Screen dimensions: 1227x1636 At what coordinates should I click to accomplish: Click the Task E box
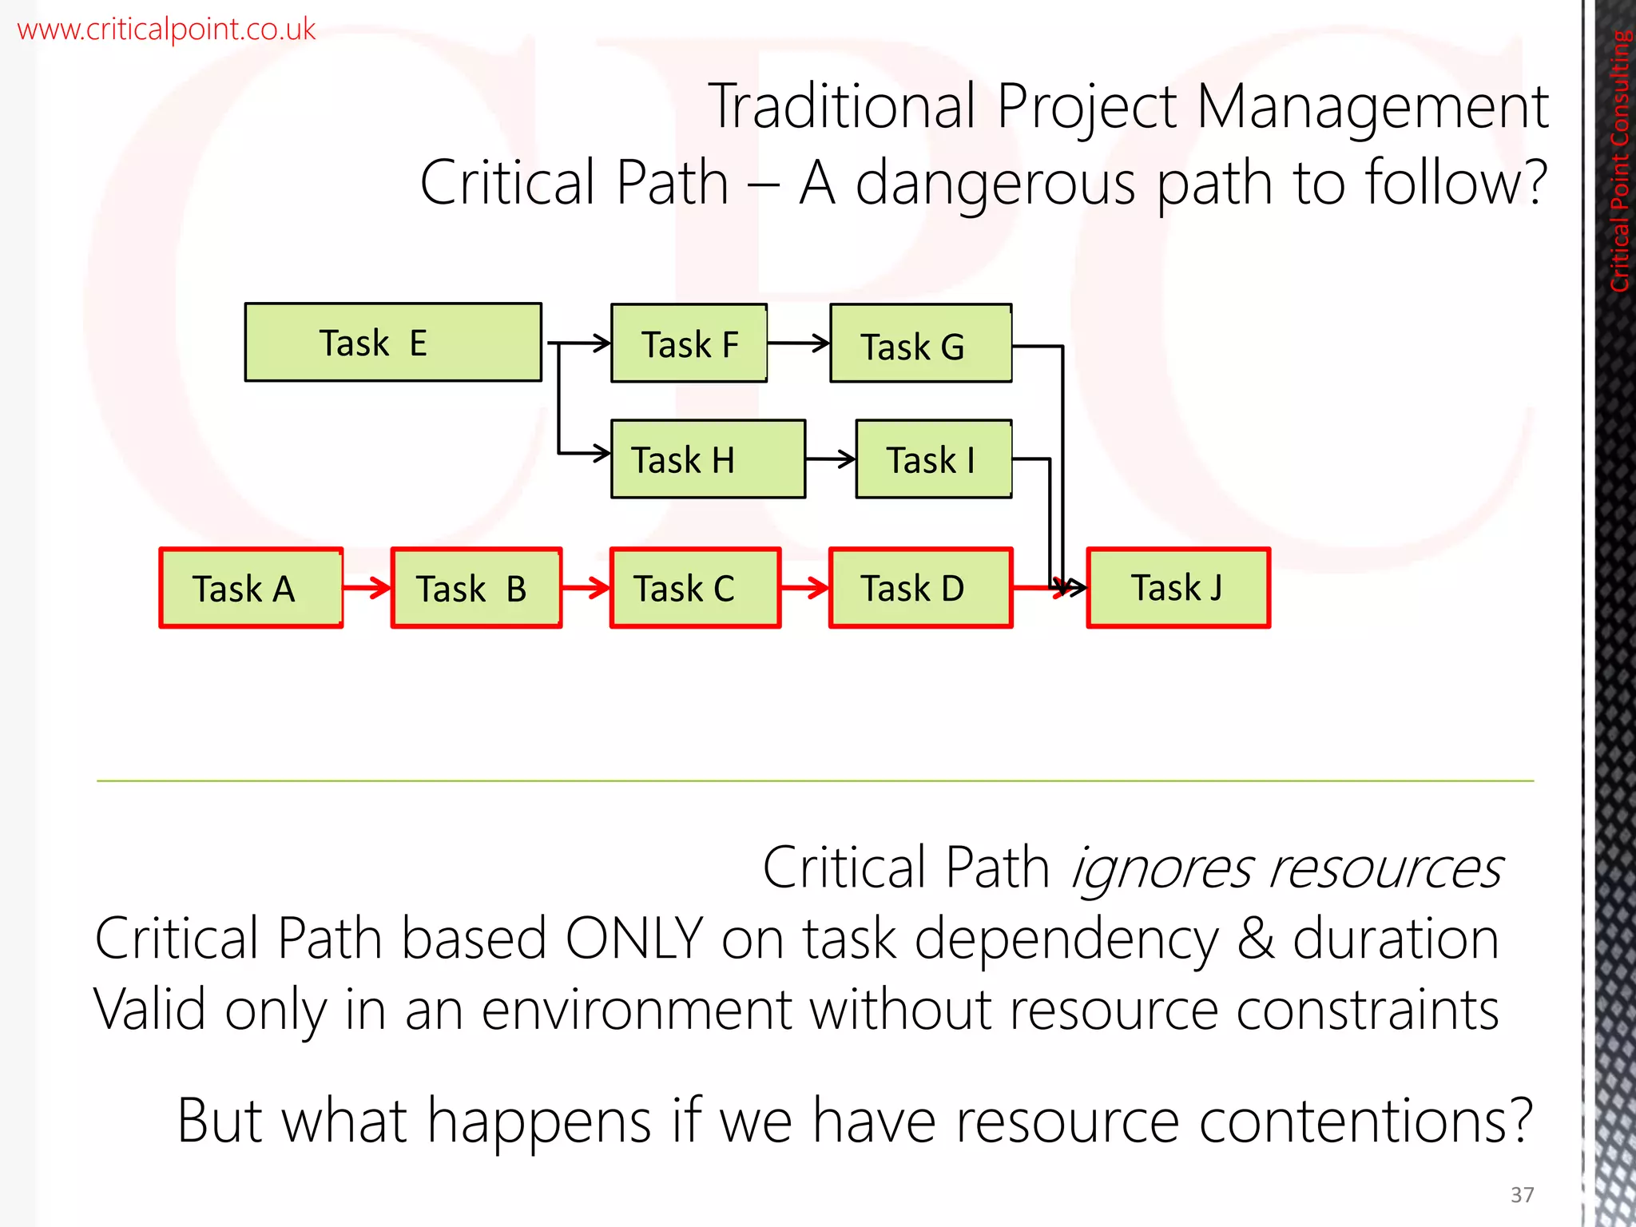pos(393,343)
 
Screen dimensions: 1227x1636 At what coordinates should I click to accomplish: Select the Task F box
pos(689,344)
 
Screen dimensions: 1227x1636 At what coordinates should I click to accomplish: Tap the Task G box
pos(920,344)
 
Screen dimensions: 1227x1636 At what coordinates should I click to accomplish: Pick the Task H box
pos(708,459)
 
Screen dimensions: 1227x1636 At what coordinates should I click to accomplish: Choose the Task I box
pos(933,459)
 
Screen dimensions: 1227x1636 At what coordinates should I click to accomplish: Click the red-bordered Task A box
pos(251,589)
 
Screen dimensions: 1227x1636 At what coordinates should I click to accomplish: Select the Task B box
pos(476,589)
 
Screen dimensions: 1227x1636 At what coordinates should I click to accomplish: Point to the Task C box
pos(695,589)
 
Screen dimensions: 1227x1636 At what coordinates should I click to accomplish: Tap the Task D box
pos(920,589)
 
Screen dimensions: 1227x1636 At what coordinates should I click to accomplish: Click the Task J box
pos(1177,589)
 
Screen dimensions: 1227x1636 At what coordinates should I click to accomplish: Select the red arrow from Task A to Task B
pos(367,589)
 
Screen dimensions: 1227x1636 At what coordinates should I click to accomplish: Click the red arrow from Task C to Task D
pos(804,589)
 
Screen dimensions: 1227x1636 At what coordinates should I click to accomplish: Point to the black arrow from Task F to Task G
pos(798,343)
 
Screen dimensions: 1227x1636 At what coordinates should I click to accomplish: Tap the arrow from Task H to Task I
pos(830,459)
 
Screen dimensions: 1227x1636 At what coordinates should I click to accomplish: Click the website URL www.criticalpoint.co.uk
pos(166,30)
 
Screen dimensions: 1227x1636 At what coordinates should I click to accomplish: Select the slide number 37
pos(1522,1194)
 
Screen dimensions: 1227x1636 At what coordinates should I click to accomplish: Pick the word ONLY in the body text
pos(633,939)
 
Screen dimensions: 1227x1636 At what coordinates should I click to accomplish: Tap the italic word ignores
pos(1160,868)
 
